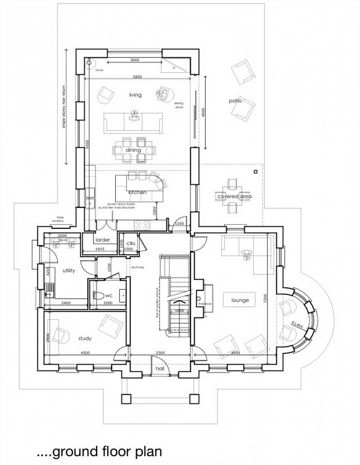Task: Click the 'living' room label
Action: click(x=135, y=95)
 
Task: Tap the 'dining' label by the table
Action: click(x=133, y=150)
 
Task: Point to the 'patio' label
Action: click(x=236, y=101)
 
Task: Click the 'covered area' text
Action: click(x=234, y=196)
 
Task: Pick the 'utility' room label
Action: click(x=69, y=270)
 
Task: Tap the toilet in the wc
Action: click(x=98, y=296)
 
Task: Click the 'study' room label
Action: click(x=85, y=338)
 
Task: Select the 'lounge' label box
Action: click(x=240, y=300)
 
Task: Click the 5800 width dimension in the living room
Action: click(x=136, y=77)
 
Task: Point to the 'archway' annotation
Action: click(x=137, y=267)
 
